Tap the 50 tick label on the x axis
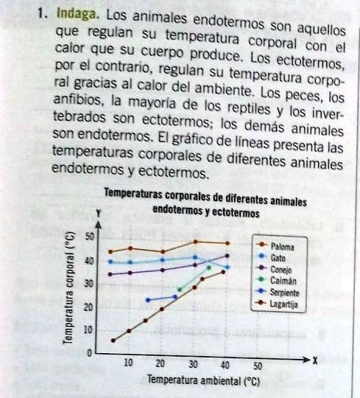pyautogui.click(x=257, y=365)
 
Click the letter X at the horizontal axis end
pyautogui.click(x=314, y=360)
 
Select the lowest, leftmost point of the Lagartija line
pyautogui.click(x=113, y=340)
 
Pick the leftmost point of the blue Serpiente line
pyautogui.click(x=148, y=300)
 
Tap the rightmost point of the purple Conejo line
pyautogui.click(x=227, y=256)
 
